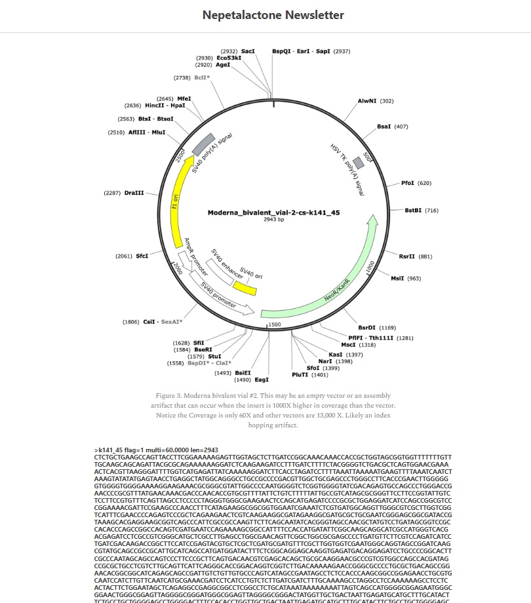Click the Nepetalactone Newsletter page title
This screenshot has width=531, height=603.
pos(273,15)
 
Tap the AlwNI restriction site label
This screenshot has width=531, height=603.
pos(367,101)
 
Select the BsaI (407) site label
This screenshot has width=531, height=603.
pos(383,126)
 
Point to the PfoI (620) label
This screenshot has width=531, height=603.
pos(408,183)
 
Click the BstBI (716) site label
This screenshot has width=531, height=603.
pos(413,210)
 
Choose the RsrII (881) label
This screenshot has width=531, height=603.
pos(407,256)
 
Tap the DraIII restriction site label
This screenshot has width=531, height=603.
pos(134,193)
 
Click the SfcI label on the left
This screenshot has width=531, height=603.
pos(142,256)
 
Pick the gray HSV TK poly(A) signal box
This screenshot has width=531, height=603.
pos(358,163)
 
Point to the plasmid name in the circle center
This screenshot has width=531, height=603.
pos(273,212)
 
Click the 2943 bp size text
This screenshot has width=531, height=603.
pos(273,220)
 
